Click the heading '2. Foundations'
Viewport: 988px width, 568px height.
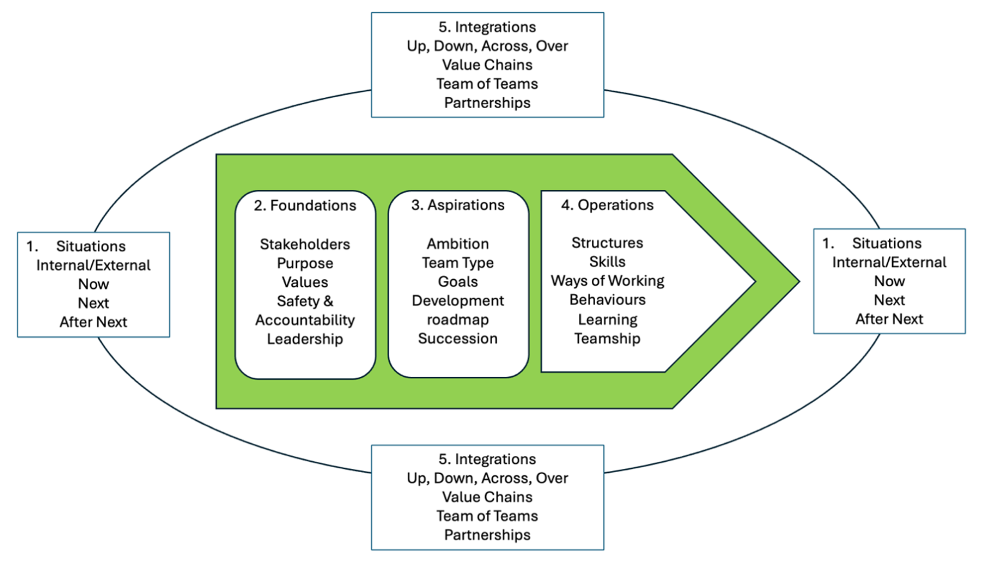pyautogui.click(x=305, y=206)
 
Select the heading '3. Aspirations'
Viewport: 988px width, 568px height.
pyautogui.click(x=458, y=205)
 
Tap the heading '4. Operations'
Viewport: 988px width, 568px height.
pyautogui.click(x=607, y=205)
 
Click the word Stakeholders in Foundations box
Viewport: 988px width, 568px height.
pyautogui.click(x=305, y=244)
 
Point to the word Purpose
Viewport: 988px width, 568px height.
pyautogui.click(x=305, y=263)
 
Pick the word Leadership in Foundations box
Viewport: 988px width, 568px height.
pyautogui.click(x=305, y=339)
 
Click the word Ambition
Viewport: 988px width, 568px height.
pyautogui.click(x=458, y=244)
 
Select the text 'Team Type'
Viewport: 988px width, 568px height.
pyautogui.click(x=458, y=262)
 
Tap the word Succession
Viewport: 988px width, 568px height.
pyautogui.click(x=458, y=338)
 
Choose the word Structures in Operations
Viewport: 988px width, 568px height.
pyautogui.click(x=607, y=243)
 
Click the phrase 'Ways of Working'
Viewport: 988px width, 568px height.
pyautogui.click(x=607, y=280)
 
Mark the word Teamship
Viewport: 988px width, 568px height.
pyautogui.click(x=607, y=338)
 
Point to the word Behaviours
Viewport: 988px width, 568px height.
pyautogui.click(x=607, y=300)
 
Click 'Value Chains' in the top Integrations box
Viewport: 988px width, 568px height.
pyautogui.click(x=488, y=65)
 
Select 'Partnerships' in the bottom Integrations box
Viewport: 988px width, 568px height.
pyautogui.click(x=488, y=535)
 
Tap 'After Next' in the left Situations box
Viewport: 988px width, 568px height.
pyautogui.click(x=93, y=322)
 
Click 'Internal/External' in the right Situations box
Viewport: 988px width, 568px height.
pyautogui.click(x=889, y=262)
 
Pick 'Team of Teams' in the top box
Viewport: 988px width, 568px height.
pyautogui.click(x=488, y=84)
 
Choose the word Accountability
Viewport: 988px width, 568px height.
pyautogui.click(x=305, y=320)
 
